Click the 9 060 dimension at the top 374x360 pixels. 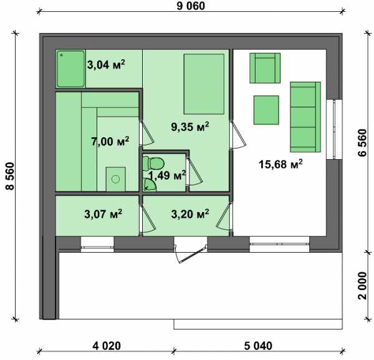191,6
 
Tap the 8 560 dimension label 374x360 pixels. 10,176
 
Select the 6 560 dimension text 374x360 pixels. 362,142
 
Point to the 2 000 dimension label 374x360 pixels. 362,285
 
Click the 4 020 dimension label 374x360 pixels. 107,346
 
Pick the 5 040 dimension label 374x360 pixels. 258,346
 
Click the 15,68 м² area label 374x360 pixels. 280,164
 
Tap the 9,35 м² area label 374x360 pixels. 190,127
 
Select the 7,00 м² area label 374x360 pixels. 110,141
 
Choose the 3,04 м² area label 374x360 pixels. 106,64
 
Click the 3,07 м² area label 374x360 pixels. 103,214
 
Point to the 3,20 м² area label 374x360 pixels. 190,214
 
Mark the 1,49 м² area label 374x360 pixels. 167,175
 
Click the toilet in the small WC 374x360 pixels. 153,163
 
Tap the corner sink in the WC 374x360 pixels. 149,185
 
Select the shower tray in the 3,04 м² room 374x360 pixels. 70,69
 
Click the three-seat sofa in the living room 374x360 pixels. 305,117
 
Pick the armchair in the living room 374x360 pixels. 265,68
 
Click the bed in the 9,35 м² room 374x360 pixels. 204,84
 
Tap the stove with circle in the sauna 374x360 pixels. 116,179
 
